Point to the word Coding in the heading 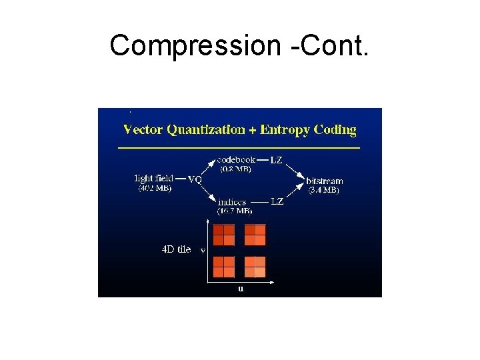pos(335,129)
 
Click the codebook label pos(237,160)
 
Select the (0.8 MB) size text pos(235,169)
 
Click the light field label pos(154,179)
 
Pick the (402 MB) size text pos(154,188)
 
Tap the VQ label pos(195,179)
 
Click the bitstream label pos(324,181)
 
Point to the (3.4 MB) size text pos(323,190)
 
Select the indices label pos(231,202)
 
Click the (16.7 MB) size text pos(235,211)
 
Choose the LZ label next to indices pos(277,202)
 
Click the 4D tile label pos(176,249)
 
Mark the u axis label pos(241,289)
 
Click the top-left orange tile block pos(224,235)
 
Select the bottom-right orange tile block pos(255,267)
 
